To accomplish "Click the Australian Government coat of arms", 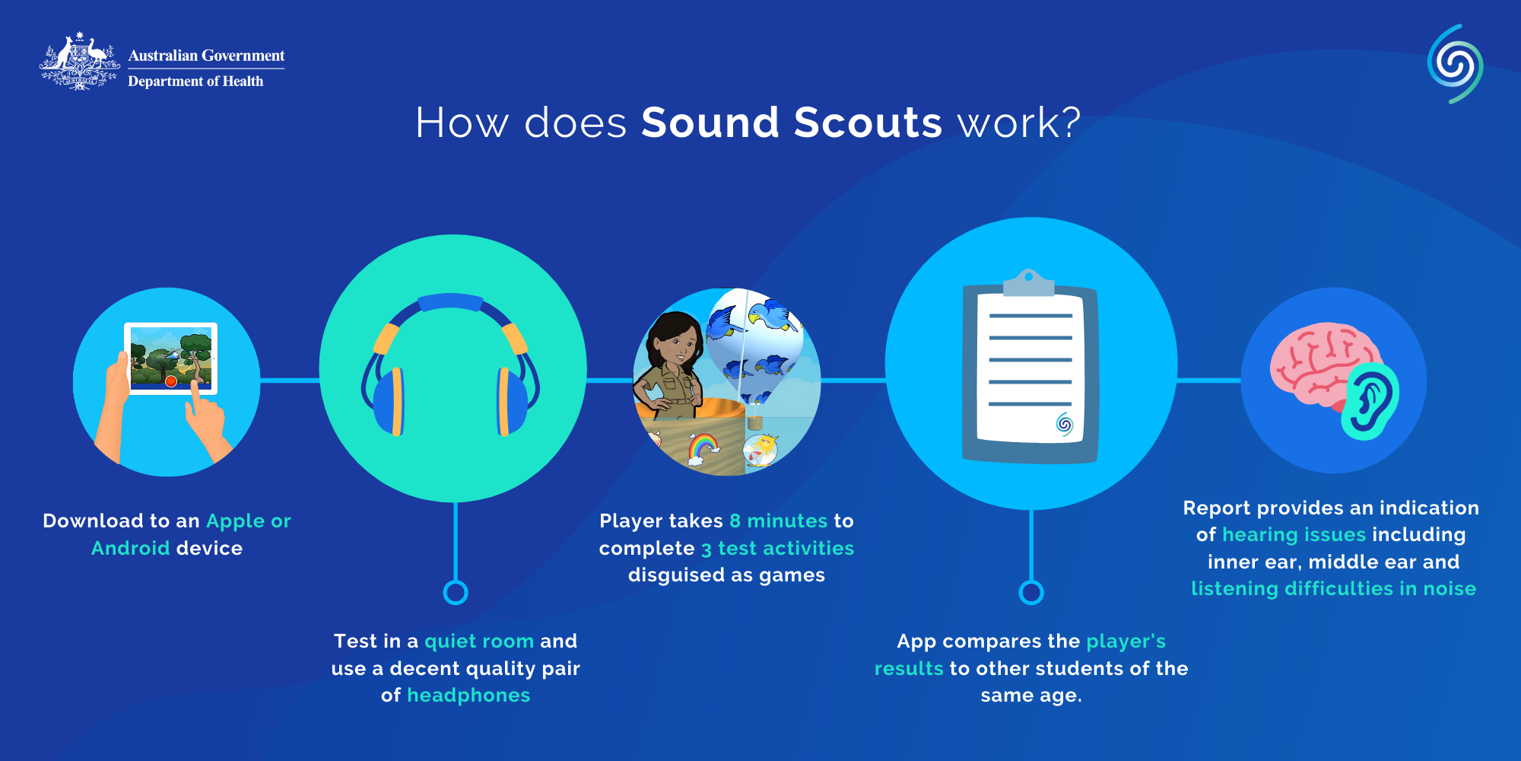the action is tap(80, 62).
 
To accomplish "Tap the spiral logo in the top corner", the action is tap(1455, 64).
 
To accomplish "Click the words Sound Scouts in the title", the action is tap(792, 123).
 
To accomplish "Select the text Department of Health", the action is tap(195, 81).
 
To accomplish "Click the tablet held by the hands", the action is tap(171, 358).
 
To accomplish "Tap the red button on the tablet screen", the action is tap(171, 381).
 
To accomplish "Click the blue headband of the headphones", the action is tap(451, 302).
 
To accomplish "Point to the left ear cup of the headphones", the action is tap(388, 401).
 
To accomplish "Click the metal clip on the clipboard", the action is tap(1029, 282).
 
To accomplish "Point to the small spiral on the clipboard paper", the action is tap(1065, 424).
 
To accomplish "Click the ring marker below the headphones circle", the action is tap(456, 592).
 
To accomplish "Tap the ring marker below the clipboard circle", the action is tap(1031, 592).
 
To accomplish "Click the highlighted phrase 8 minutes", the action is tap(779, 521).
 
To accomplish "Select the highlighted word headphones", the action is tap(468, 696).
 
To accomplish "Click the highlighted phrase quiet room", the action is tap(479, 642).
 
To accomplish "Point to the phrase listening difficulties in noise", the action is tap(1334, 589).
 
